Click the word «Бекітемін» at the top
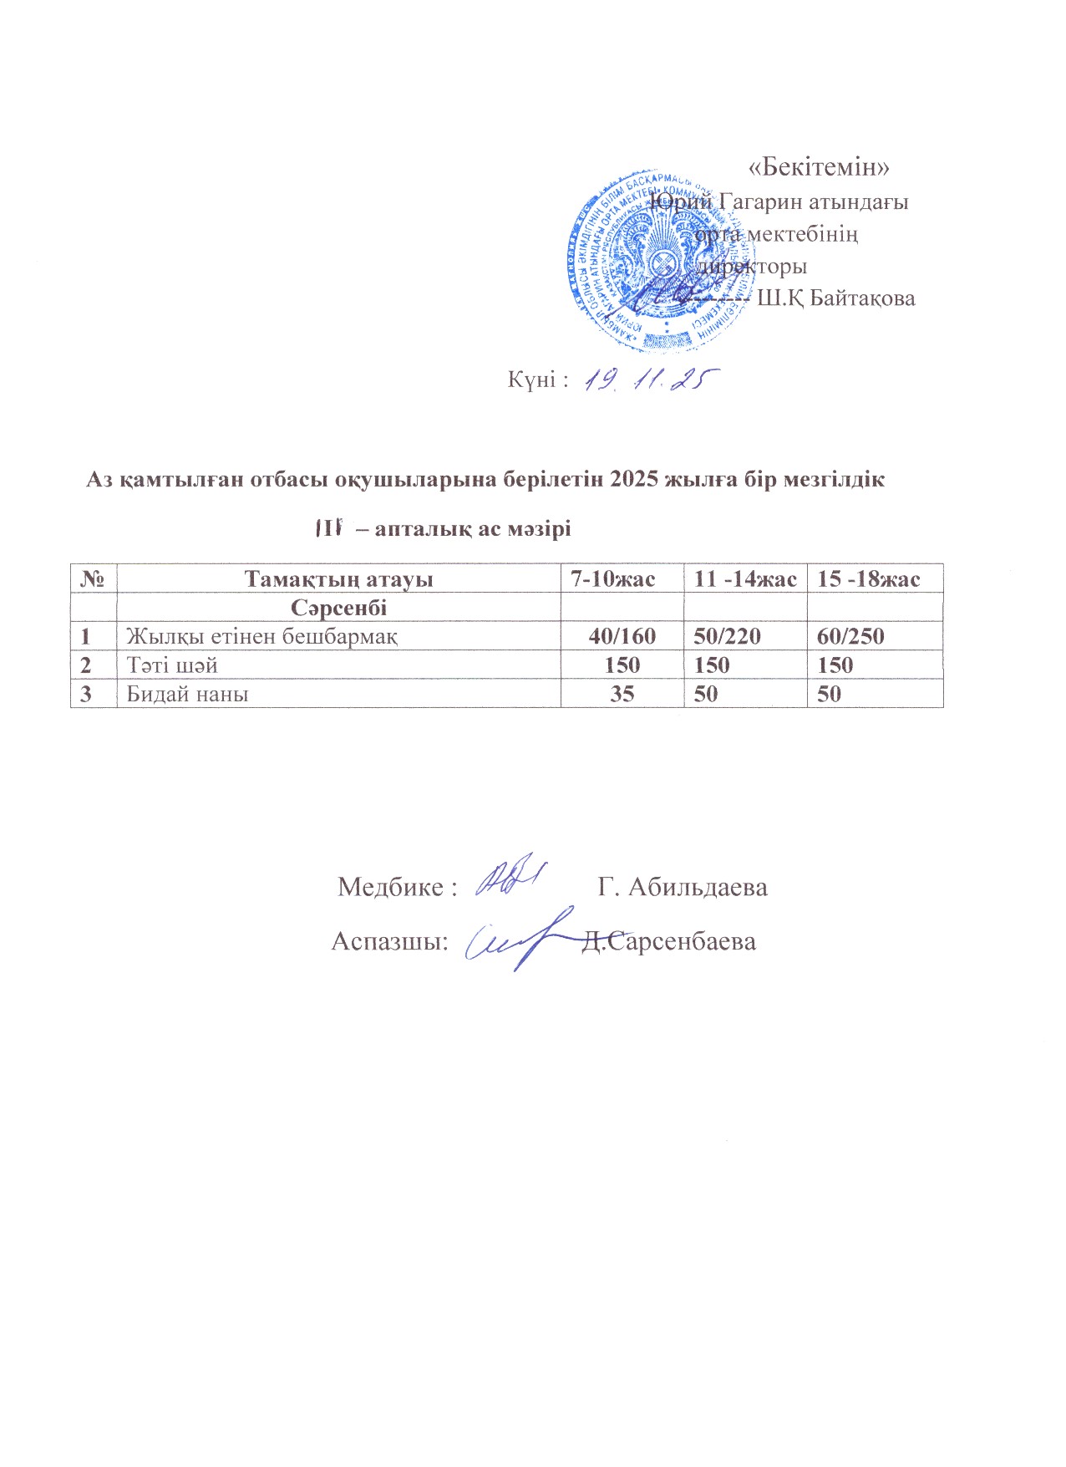click(x=819, y=166)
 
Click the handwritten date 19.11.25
click(x=651, y=380)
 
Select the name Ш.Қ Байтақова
click(x=835, y=298)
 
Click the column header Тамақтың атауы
click(x=338, y=578)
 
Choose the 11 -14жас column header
click(x=745, y=578)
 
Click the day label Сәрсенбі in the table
click(x=338, y=606)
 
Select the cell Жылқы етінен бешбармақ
click(x=261, y=636)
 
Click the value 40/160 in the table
click(x=622, y=636)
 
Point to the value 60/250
click(x=850, y=636)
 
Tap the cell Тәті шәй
click(x=172, y=665)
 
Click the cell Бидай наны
click(x=187, y=694)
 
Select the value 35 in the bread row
click(x=622, y=694)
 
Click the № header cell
click(x=93, y=578)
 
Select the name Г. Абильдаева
click(x=683, y=887)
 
